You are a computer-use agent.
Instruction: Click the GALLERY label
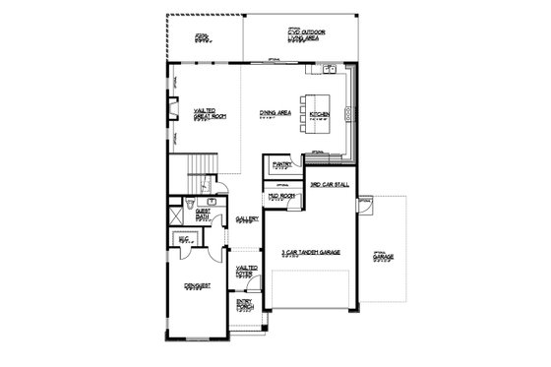pos(246,220)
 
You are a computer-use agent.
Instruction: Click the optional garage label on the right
pos(382,259)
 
